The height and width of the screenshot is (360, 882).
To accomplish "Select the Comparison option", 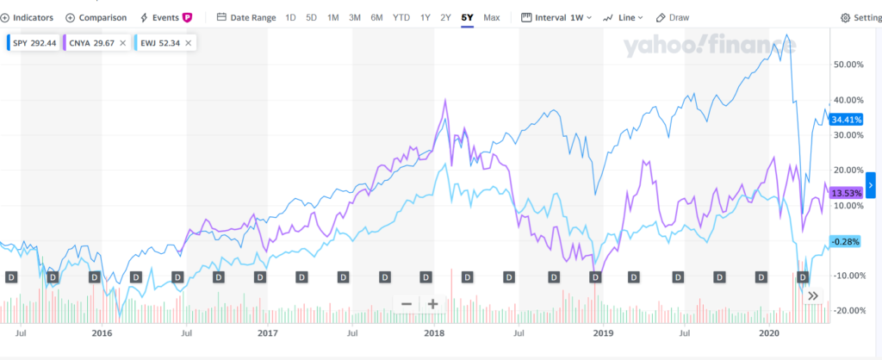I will pyautogui.click(x=96, y=17).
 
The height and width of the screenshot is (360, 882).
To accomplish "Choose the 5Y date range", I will pyautogui.click(x=467, y=17).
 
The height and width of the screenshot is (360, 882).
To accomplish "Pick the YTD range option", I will pyautogui.click(x=401, y=17).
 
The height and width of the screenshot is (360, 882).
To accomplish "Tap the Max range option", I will pyautogui.click(x=492, y=17).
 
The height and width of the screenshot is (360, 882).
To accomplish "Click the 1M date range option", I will pyautogui.click(x=333, y=17).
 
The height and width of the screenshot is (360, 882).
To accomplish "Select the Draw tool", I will pyautogui.click(x=673, y=17).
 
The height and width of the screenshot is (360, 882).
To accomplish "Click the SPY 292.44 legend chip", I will pyautogui.click(x=32, y=42).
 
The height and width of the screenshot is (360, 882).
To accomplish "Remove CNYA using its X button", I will pyautogui.click(x=122, y=42).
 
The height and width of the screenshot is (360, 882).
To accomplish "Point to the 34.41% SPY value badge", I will pyautogui.click(x=845, y=120).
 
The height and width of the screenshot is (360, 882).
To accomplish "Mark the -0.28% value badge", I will pyautogui.click(x=845, y=242).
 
